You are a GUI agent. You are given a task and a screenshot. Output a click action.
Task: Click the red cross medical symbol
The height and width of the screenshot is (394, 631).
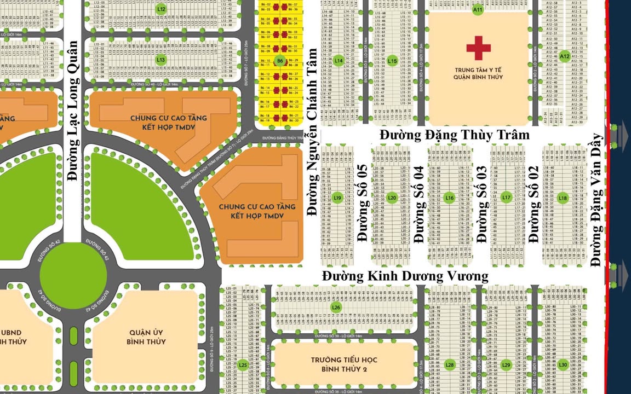click(x=478, y=48)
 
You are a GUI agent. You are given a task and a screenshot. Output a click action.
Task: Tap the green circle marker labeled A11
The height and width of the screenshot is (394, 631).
click(x=478, y=9)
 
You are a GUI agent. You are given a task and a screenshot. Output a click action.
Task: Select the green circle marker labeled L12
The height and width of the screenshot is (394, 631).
click(x=160, y=9)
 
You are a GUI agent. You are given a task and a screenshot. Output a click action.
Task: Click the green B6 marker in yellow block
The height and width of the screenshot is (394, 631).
click(x=280, y=61)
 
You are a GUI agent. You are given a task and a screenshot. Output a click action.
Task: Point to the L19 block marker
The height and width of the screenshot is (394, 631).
click(x=338, y=198)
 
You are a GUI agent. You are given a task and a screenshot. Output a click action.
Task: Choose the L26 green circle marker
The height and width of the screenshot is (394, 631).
click(x=336, y=308)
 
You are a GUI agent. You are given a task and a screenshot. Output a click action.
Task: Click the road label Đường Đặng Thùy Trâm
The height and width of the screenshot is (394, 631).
click(x=455, y=135)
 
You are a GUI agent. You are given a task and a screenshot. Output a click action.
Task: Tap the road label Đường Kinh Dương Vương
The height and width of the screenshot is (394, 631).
click(x=405, y=276)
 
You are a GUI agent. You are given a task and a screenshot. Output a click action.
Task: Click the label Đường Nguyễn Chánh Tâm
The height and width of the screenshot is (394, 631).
click(x=312, y=132)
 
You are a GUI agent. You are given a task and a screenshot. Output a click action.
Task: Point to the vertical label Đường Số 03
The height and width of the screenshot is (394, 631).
click(x=482, y=204)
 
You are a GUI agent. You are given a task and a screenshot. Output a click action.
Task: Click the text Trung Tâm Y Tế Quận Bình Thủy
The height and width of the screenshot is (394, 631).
click(x=478, y=73)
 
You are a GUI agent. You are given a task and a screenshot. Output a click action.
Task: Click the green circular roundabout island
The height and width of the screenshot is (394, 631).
click(x=70, y=275)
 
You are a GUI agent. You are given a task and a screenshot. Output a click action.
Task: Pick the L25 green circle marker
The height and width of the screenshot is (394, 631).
click(x=243, y=365)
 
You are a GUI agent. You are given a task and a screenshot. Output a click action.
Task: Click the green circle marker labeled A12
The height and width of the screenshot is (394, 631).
click(x=565, y=56)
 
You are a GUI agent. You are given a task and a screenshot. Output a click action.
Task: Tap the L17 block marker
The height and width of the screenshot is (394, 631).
click(x=506, y=198)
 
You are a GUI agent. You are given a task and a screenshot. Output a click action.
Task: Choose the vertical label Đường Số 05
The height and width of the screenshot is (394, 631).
click(x=362, y=204)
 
